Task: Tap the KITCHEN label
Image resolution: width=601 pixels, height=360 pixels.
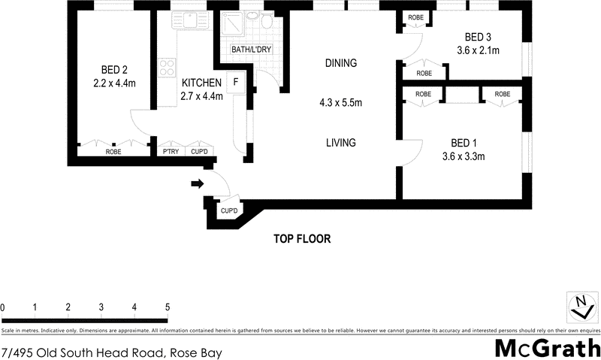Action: pos(201,83)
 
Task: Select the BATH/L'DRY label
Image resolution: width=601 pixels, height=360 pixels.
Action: pos(252,50)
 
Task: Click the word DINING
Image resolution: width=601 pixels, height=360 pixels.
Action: pos(340,63)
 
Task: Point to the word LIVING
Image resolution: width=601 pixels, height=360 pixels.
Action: pos(340,143)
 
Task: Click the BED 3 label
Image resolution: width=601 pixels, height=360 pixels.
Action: pos(478,37)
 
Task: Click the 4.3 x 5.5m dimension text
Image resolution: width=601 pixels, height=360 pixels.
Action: pos(340,103)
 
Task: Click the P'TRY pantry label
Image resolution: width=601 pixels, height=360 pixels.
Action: pos(171,152)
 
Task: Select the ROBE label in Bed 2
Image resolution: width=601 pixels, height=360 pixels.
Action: pos(113,152)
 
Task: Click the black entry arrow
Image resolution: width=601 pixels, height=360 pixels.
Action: pos(197,183)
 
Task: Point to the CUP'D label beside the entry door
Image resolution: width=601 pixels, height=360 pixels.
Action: pos(228,211)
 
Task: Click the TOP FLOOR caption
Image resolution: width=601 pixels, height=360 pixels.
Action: pos(301,240)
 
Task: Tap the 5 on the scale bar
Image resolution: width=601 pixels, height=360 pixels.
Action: pos(168,307)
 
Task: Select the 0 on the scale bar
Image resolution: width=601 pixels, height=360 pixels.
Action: pos(3,307)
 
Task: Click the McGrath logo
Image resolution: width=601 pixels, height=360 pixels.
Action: pos(546,348)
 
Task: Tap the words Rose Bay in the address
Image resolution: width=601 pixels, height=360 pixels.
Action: pos(195,351)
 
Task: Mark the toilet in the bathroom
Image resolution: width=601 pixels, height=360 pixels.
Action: pos(266,22)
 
